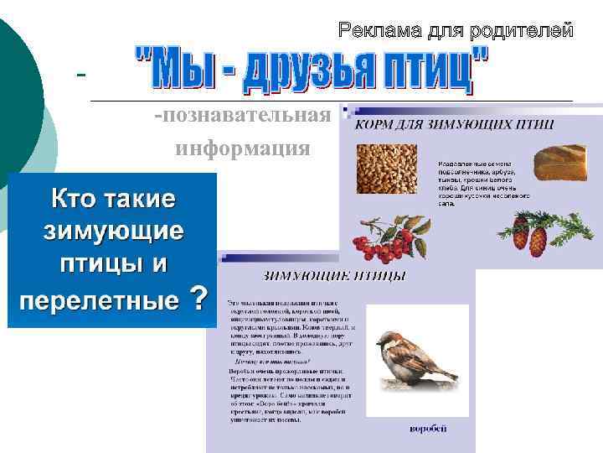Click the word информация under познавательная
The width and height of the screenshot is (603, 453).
242,149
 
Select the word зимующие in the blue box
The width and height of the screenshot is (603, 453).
112,230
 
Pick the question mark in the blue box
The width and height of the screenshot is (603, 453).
198,297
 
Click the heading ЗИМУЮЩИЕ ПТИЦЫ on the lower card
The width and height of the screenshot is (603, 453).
334,275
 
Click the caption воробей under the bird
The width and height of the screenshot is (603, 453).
428,429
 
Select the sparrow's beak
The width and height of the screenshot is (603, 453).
379,341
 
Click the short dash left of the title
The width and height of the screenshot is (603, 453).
81,75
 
